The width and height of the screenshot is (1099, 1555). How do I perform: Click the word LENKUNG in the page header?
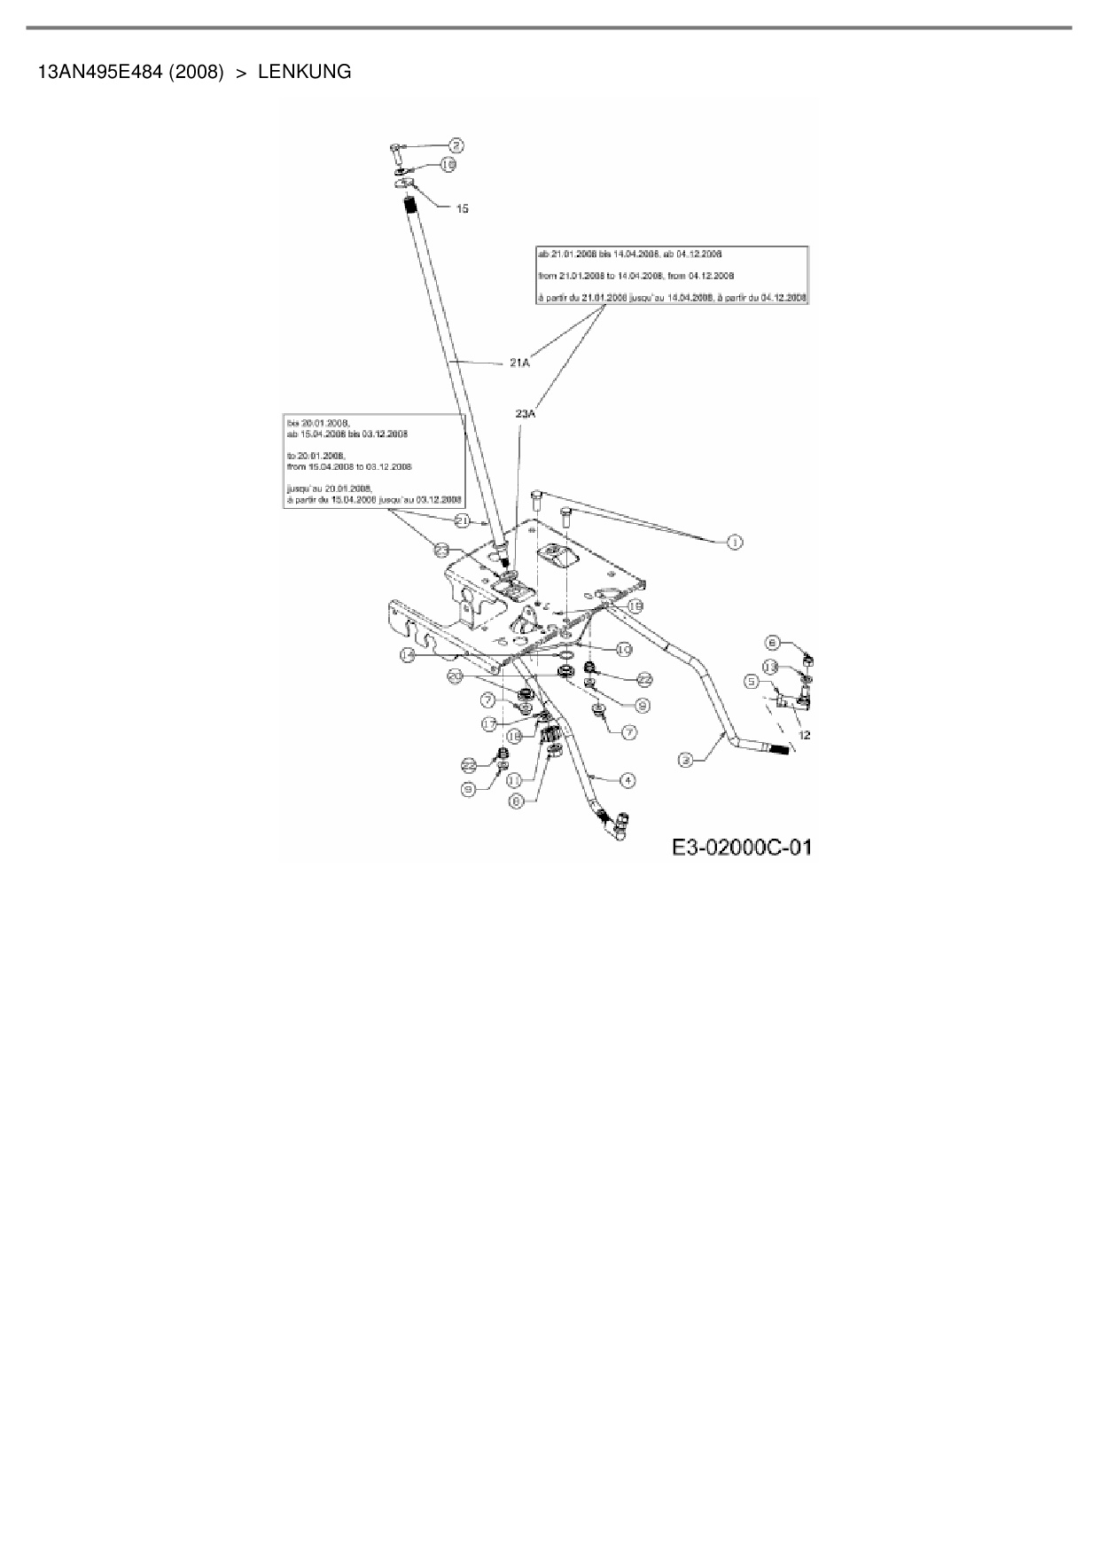point(304,72)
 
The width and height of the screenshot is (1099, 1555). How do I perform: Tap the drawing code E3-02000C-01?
point(741,847)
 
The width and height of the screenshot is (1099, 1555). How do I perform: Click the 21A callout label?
point(519,362)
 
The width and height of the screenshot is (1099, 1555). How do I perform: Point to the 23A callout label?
point(526,413)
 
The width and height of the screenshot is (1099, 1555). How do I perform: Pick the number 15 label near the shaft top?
point(462,208)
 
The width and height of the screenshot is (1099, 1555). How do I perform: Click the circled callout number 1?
point(734,542)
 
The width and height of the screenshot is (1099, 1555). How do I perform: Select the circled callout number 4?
point(627,780)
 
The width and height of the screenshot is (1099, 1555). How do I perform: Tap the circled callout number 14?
point(408,654)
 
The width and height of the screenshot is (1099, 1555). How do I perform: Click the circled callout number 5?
point(752,681)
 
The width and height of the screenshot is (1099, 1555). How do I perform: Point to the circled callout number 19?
point(635,606)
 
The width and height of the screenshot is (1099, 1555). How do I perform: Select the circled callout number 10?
point(623,650)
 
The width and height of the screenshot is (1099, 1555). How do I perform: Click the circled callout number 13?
point(771,666)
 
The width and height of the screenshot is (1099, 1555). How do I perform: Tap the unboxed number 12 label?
point(805,735)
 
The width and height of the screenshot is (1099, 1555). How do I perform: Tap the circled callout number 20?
point(456,676)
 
